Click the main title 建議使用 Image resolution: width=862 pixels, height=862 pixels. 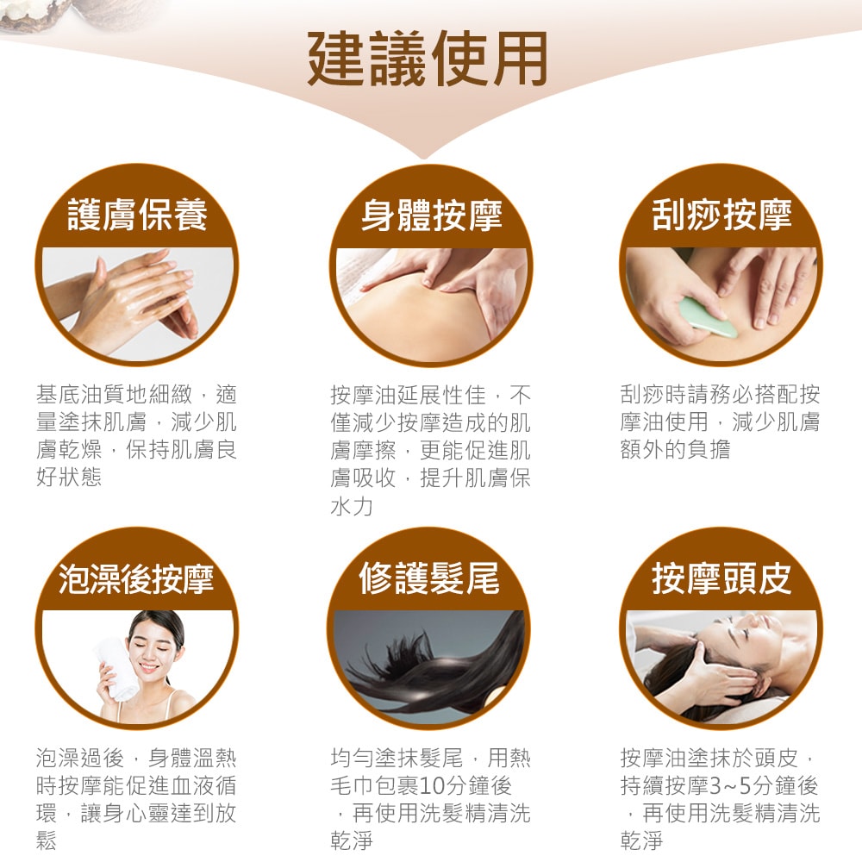click(x=428, y=58)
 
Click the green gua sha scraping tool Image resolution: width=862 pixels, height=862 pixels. click(x=707, y=316)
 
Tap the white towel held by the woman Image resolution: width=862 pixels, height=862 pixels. click(x=117, y=668)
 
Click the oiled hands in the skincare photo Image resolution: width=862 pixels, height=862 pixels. click(x=138, y=302)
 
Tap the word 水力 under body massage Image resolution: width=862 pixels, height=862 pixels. click(x=352, y=506)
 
